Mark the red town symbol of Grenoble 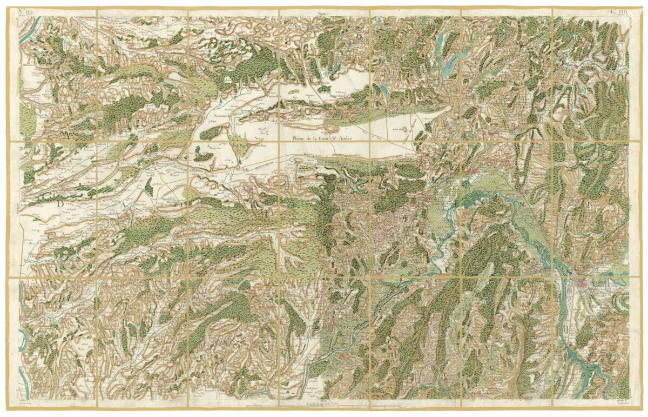[x=581, y=283]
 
